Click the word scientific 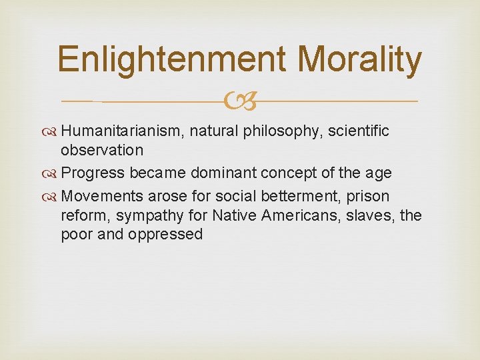(357, 131)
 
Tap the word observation (102, 150)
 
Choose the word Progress (93, 173)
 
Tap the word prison (366, 197)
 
